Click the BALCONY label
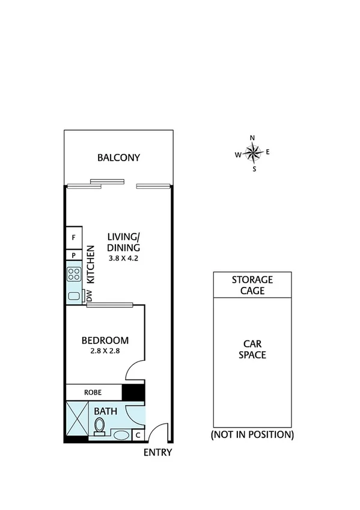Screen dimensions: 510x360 tap(118, 158)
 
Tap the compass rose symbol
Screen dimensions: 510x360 tap(254, 153)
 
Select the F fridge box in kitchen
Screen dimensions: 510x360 tap(73, 238)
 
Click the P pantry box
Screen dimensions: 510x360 tap(73, 255)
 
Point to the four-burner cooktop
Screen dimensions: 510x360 tap(74, 274)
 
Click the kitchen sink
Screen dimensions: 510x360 tap(74, 295)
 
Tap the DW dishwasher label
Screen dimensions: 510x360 tap(89, 296)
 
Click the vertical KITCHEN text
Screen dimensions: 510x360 tap(91, 265)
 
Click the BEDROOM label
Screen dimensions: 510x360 tap(105, 340)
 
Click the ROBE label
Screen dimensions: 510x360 tap(93, 392)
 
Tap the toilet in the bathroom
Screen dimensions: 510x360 tap(99, 426)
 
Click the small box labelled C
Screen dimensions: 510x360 tap(138, 435)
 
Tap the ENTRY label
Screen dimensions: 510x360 tap(157, 453)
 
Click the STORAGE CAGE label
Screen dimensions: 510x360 tap(252, 285)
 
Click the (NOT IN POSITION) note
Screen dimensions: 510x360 tap(252, 434)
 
